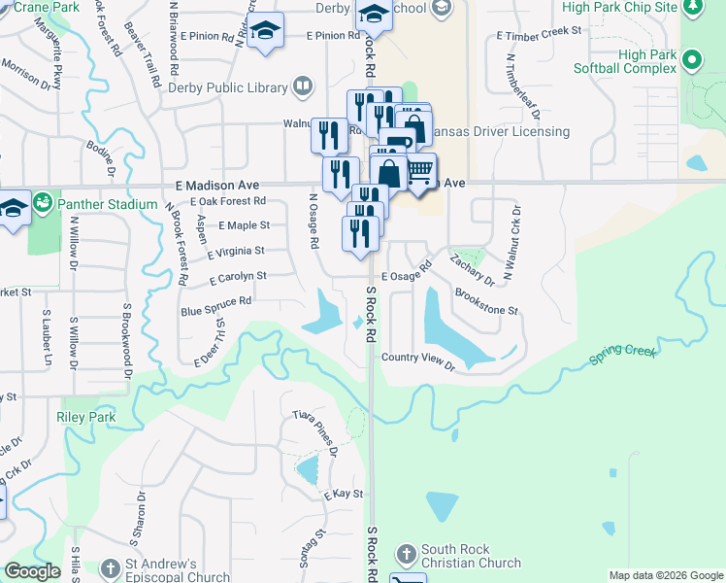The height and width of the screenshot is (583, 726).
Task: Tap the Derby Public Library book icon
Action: [302, 87]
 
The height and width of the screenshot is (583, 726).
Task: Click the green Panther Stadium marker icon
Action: [42, 204]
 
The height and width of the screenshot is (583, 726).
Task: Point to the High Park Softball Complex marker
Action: [691, 61]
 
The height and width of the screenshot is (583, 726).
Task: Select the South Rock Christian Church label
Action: [471, 556]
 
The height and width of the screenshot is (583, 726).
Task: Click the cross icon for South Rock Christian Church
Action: [406, 555]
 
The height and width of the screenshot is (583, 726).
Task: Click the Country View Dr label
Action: [417, 360]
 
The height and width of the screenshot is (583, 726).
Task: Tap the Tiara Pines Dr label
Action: [314, 432]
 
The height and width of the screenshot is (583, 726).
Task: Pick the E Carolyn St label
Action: [238, 276]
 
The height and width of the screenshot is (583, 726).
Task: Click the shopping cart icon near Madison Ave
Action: [419, 171]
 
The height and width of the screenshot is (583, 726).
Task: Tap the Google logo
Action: [32, 572]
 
